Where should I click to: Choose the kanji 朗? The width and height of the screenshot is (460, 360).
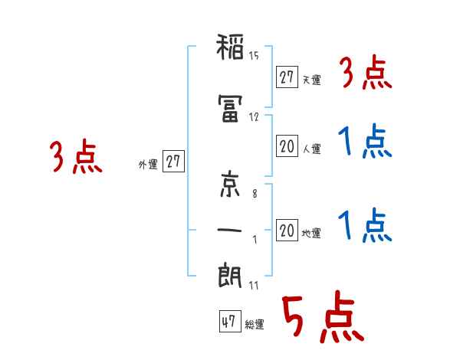230,276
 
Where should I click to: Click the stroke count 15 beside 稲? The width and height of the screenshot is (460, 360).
254,56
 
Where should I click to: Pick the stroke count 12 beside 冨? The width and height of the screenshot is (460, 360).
254,117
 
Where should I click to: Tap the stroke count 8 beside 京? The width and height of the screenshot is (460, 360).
255,195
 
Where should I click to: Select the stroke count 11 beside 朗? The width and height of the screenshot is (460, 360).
253,285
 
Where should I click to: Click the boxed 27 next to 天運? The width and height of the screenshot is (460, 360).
287,77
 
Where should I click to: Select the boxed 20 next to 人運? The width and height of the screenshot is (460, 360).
287,147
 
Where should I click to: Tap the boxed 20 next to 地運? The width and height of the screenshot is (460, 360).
287,231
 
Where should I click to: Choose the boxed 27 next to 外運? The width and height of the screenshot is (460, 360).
173,162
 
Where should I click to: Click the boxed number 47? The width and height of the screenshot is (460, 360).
228,322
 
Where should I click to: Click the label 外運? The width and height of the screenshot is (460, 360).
148,164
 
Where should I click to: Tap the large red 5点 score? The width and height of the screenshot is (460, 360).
321,319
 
